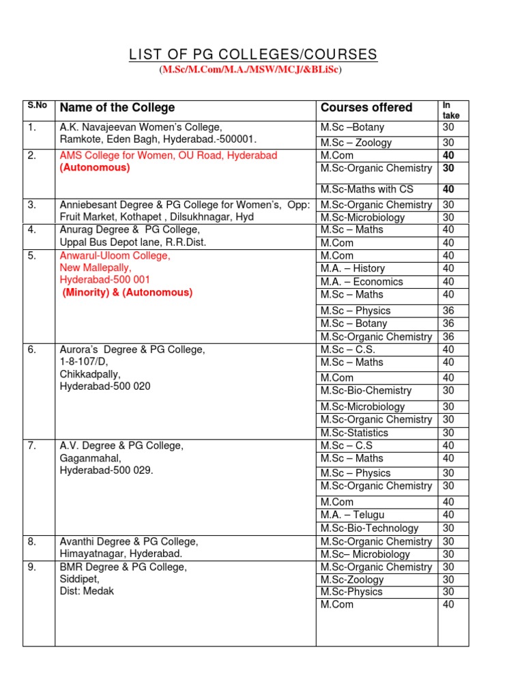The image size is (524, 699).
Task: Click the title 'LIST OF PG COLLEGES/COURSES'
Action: [x=252, y=55]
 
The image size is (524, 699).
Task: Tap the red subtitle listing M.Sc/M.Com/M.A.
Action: [x=250, y=70]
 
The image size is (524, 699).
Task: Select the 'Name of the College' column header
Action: [x=117, y=108]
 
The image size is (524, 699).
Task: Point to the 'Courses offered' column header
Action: [x=366, y=108]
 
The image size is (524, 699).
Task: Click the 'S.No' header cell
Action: [x=35, y=106]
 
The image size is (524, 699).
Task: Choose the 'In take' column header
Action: [x=451, y=111]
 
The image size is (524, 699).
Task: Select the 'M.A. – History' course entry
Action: [x=353, y=268]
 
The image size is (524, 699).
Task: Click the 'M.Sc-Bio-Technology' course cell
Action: [x=369, y=528]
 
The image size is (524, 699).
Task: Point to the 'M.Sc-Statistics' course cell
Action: [x=354, y=433]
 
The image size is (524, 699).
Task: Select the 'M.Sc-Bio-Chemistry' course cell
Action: [x=366, y=390]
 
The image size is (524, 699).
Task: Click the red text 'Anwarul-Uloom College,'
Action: [x=115, y=255]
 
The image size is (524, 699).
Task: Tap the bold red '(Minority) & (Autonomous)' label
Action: [x=128, y=292]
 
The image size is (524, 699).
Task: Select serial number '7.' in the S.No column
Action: [x=31, y=446]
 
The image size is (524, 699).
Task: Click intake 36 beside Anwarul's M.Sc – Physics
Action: [x=448, y=311]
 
